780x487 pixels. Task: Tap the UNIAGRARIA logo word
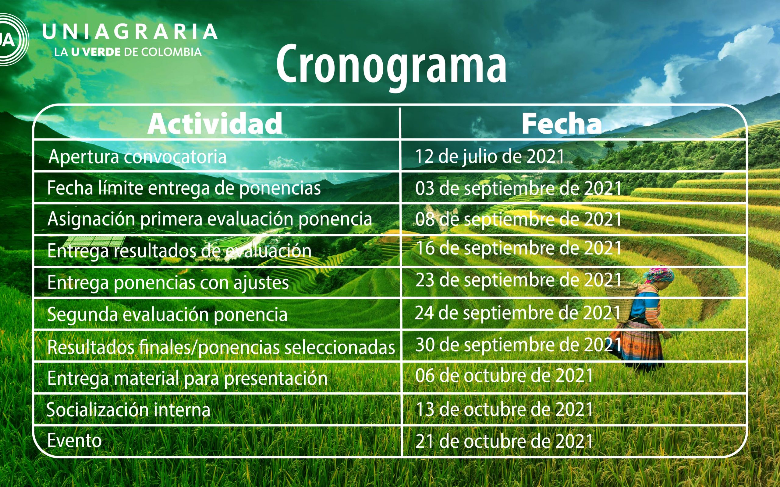(130, 32)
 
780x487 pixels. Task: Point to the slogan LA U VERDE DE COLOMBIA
(128, 52)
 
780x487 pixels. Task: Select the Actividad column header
(215, 124)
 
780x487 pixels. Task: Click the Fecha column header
(562, 124)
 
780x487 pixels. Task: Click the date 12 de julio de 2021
(490, 157)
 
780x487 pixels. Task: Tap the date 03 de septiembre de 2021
(519, 188)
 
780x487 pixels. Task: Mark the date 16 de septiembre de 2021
(519, 248)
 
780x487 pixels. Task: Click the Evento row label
(74, 440)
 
